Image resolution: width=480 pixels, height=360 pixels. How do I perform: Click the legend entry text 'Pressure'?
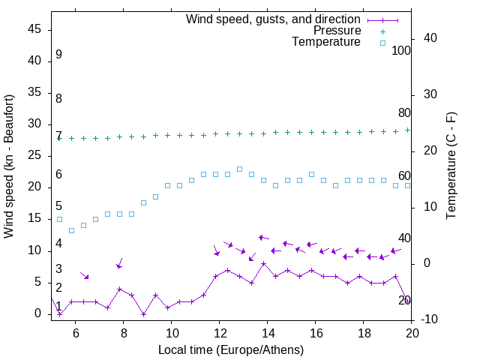point(337,31)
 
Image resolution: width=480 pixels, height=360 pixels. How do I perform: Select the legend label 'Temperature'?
point(326,42)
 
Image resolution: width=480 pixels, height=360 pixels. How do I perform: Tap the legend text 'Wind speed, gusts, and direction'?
point(273,19)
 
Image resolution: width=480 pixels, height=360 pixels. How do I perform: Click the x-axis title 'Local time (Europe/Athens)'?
point(231,349)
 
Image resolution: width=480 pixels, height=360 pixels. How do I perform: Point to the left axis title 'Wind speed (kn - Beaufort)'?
point(9,166)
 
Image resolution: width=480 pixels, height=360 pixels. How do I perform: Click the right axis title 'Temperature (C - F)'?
point(451,166)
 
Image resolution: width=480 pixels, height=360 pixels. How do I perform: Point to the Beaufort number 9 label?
point(58,55)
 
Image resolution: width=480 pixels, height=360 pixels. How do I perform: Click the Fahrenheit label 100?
point(401,51)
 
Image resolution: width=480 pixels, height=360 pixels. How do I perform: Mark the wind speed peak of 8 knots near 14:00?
point(263,263)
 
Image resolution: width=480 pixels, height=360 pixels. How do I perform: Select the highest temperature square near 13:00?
point(239,169)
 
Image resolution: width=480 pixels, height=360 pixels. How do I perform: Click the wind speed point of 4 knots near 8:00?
point(119,289)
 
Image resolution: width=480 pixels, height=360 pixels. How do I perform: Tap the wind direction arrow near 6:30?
point(85,274)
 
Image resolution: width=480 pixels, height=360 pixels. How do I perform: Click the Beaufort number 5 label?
point(58,206)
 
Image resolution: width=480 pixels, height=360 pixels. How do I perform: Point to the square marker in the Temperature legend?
point(382,43)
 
